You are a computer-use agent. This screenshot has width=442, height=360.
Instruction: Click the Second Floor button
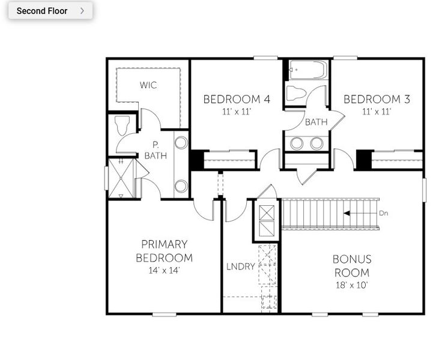50,11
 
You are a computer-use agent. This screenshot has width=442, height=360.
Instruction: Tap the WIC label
148,85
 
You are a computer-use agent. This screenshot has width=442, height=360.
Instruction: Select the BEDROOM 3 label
377,99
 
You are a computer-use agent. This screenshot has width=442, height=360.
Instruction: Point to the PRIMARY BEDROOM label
164,251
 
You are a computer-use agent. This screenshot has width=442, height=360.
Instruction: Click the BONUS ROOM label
352,265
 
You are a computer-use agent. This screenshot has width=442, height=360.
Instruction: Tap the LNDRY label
240,266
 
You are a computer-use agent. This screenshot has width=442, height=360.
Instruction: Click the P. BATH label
156,150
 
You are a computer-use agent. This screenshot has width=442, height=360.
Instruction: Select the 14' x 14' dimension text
164,271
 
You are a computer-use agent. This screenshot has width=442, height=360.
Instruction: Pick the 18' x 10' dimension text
352,285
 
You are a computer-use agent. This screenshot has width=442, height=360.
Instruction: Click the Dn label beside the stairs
384,213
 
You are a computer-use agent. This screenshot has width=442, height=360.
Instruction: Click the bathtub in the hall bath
307,70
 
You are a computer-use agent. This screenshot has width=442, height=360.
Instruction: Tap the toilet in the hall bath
297,93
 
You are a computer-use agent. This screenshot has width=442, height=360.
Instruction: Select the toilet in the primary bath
123,125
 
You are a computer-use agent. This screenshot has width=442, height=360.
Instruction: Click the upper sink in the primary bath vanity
181,143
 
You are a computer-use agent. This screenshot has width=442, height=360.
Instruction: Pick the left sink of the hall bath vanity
297,143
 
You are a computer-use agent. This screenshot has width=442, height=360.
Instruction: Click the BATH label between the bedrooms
316,122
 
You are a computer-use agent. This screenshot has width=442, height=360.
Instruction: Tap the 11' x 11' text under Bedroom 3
377,112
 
